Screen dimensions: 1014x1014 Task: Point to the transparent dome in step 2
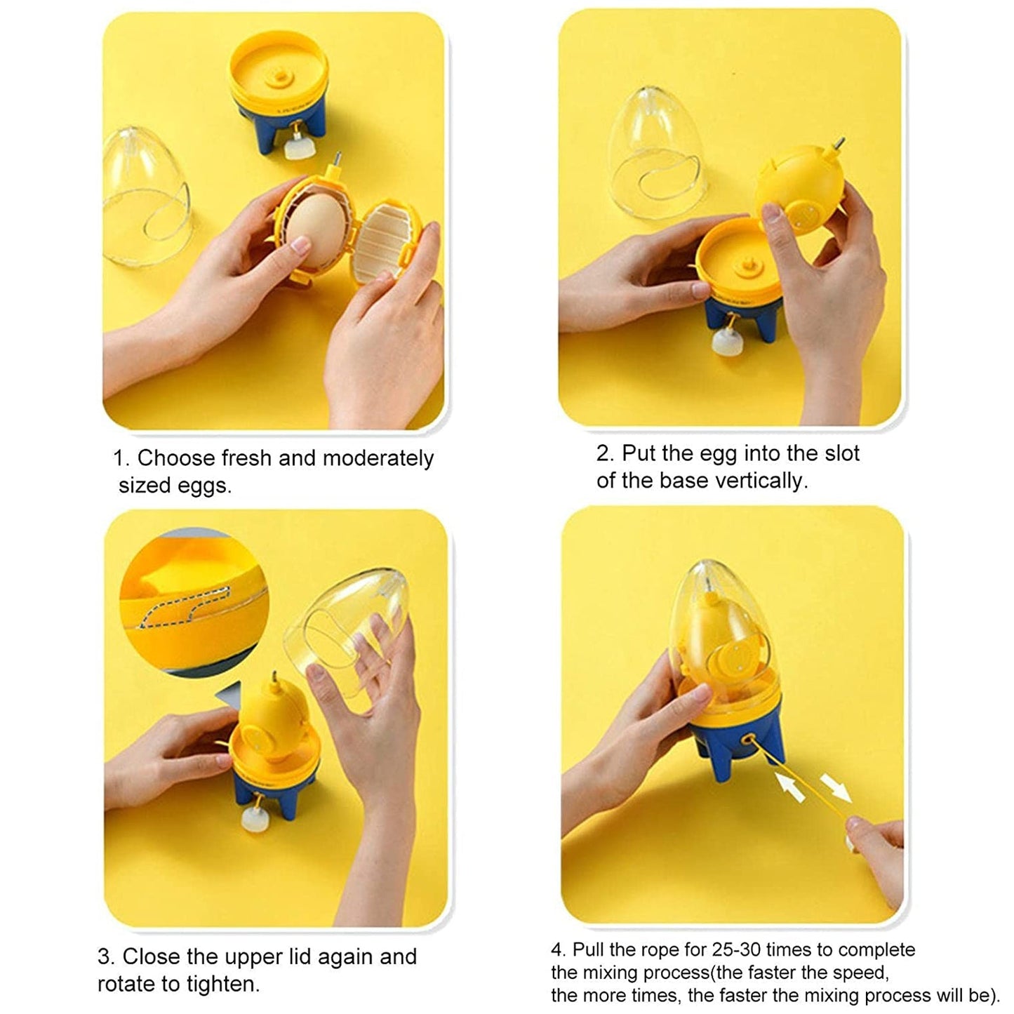pyautogui.click(x=656, y=151)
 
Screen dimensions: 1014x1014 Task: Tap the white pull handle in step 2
pyautogui.click(x=724, y=342)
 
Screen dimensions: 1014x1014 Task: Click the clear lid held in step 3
pyautogui.click(x=347, y=632)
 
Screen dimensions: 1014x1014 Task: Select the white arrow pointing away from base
pyautogui.click(x=835, y=786)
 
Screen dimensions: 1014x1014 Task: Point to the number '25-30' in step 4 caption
pyautogui.click(x=736, y=949)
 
